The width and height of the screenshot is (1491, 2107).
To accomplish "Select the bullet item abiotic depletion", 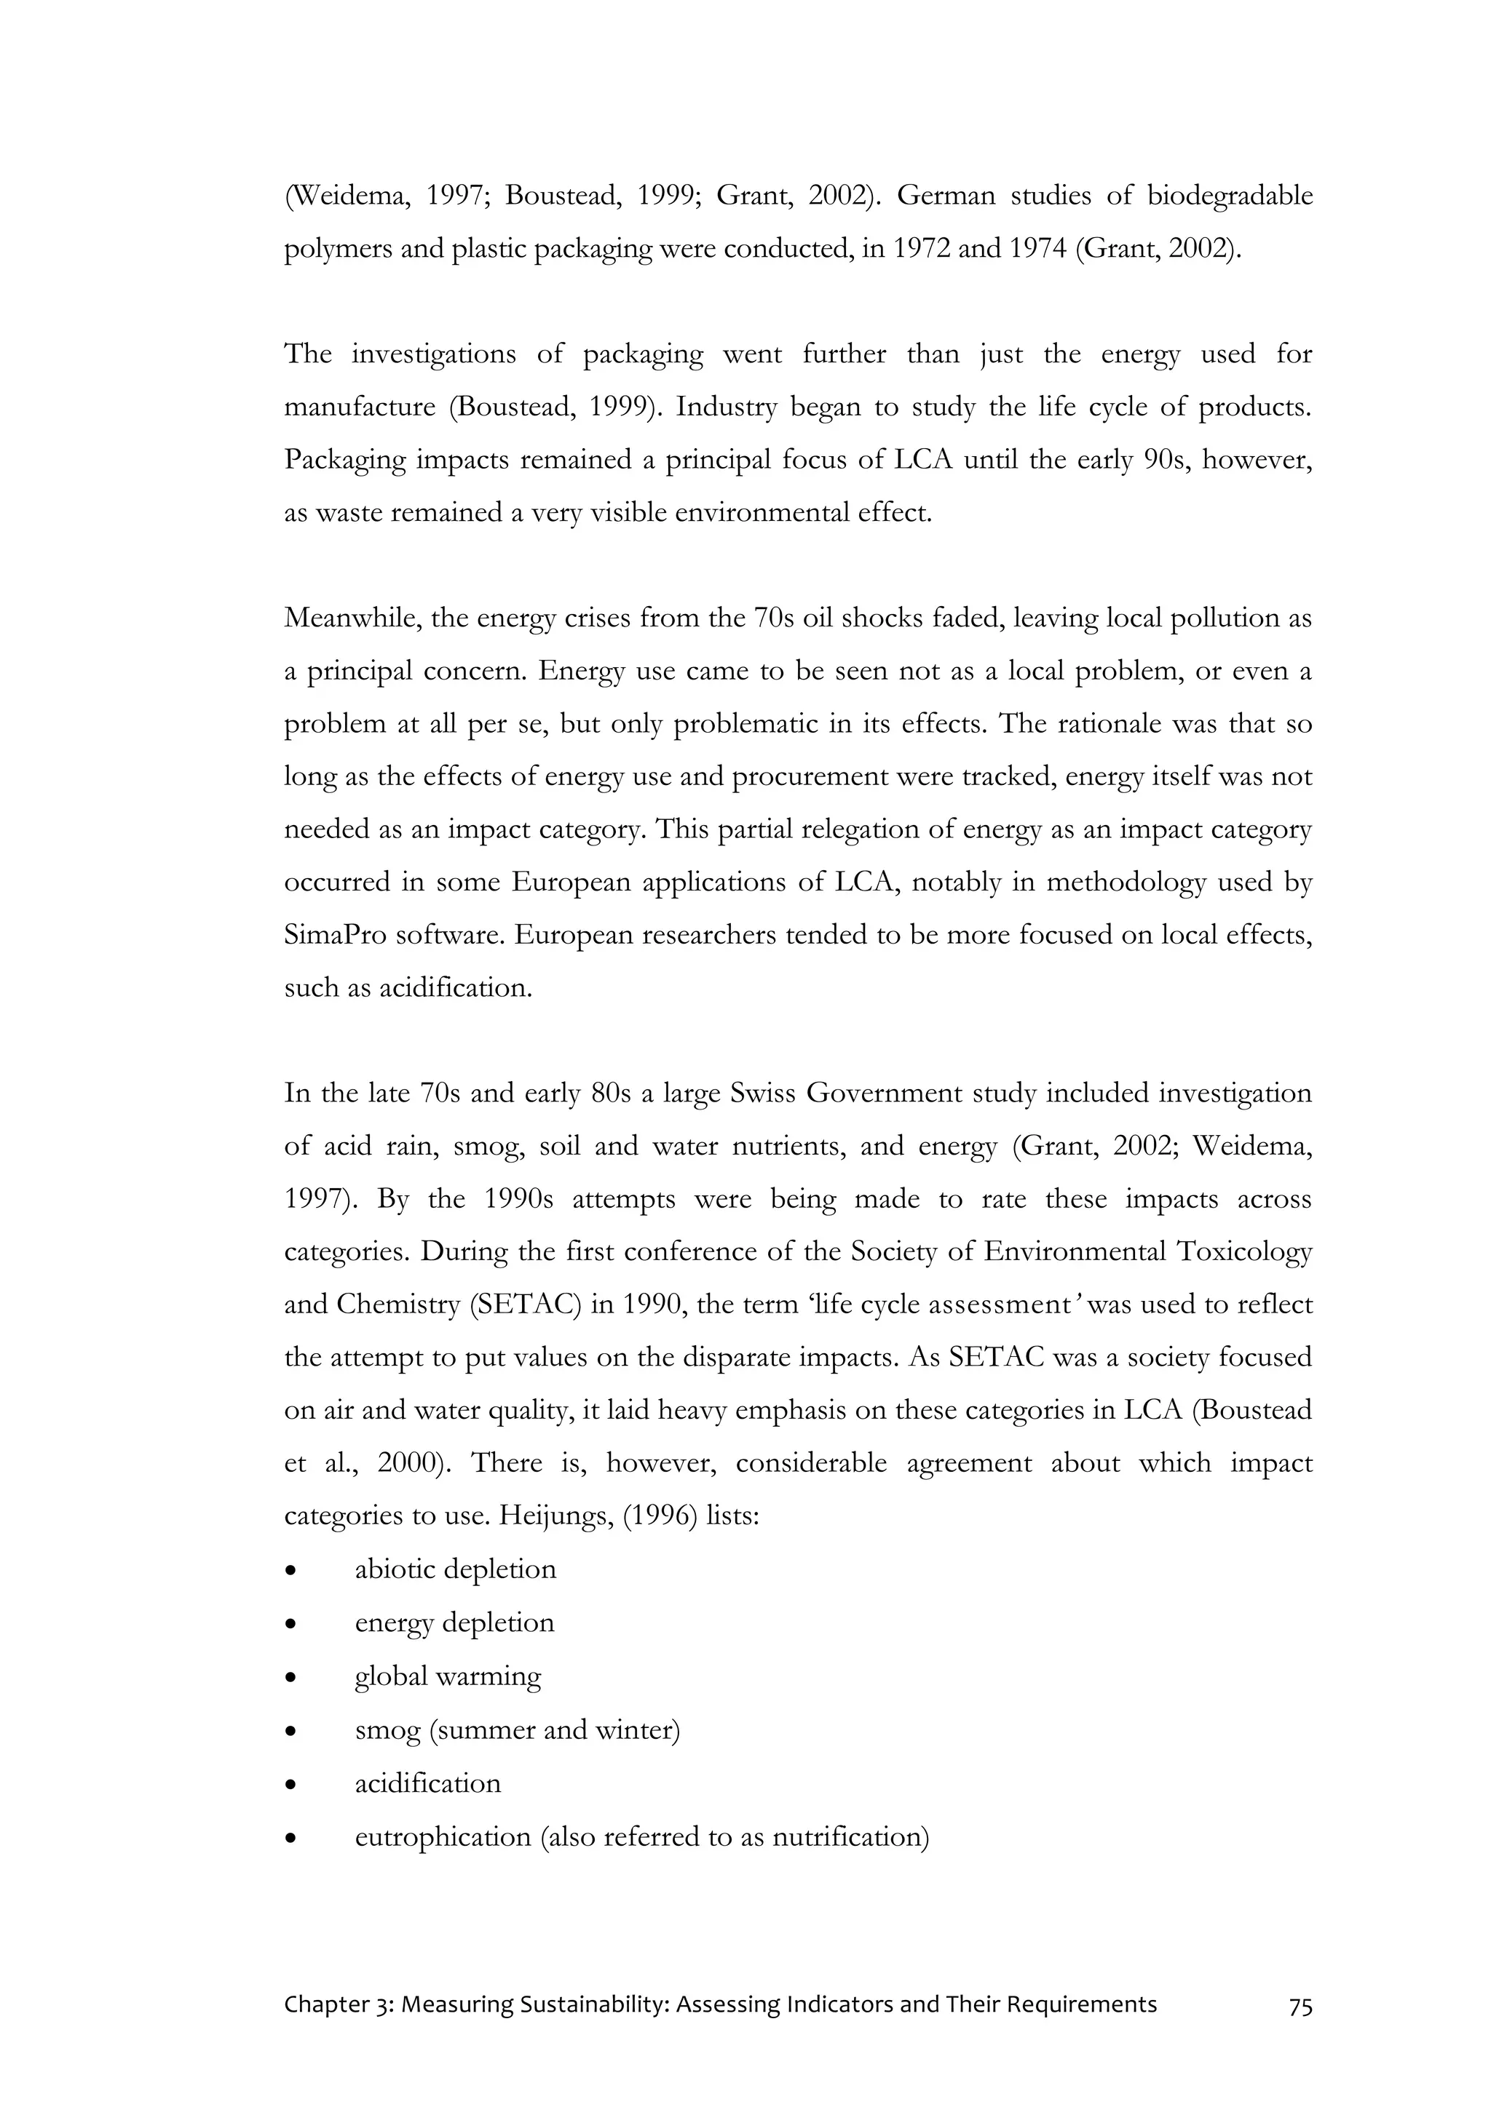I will click(455, 1569).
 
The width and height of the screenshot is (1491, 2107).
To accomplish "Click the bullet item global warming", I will click(448, 1676).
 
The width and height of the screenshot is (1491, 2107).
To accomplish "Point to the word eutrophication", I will click(443, 1837).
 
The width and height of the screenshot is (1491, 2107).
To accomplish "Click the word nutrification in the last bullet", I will click(850, 1837).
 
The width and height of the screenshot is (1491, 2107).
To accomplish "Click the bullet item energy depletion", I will click(454, 1622).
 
